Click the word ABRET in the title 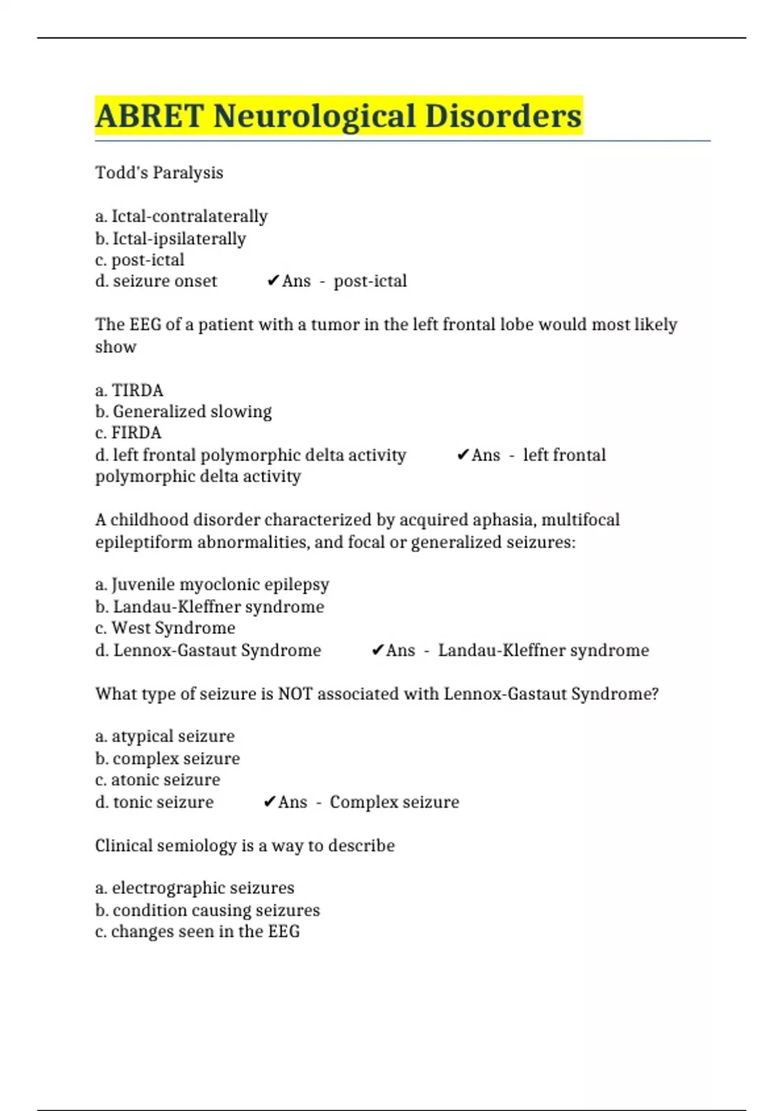coord(150,116)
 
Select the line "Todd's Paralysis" coord(159,173)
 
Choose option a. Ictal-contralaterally coord(181,216)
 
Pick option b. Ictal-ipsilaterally coord(171,239)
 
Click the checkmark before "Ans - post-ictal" coord(273,281)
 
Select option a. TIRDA coord(129,390)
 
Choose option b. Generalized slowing coord(183,412)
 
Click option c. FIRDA coord(128,433)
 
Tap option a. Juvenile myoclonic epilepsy coord(212,584)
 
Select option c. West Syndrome coord(165,628)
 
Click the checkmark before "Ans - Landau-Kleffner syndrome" coord(377,650)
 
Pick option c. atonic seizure coord(157,780)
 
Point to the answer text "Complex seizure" coord(394,802)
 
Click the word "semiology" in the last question coord(197,846)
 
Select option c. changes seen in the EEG coord(197,931)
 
